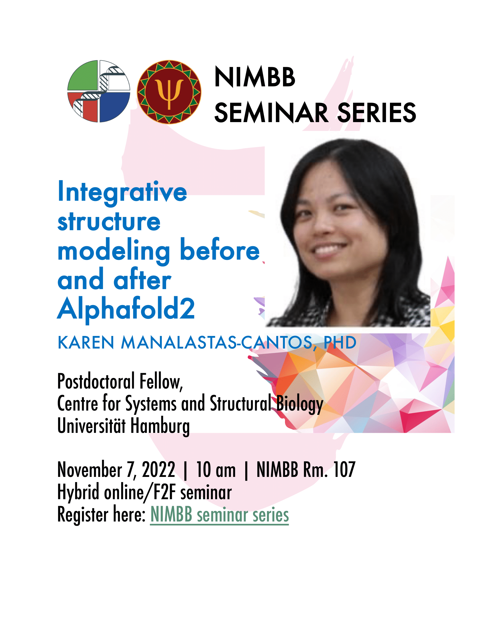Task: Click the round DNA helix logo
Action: point(99,91)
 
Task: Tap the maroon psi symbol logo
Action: point(169,92)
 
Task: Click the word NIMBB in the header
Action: point(255,77)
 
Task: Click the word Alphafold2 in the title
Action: point(126,309)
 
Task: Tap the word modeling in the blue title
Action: point(114,251)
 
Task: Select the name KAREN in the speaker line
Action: point(86,343)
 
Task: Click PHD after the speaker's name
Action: point(340,343)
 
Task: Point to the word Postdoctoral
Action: point(96,381)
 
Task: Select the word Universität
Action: point(91,425)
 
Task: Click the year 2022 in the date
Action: point(159,470)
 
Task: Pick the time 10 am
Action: point(216,470)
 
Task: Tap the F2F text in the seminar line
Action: point(164,492)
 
